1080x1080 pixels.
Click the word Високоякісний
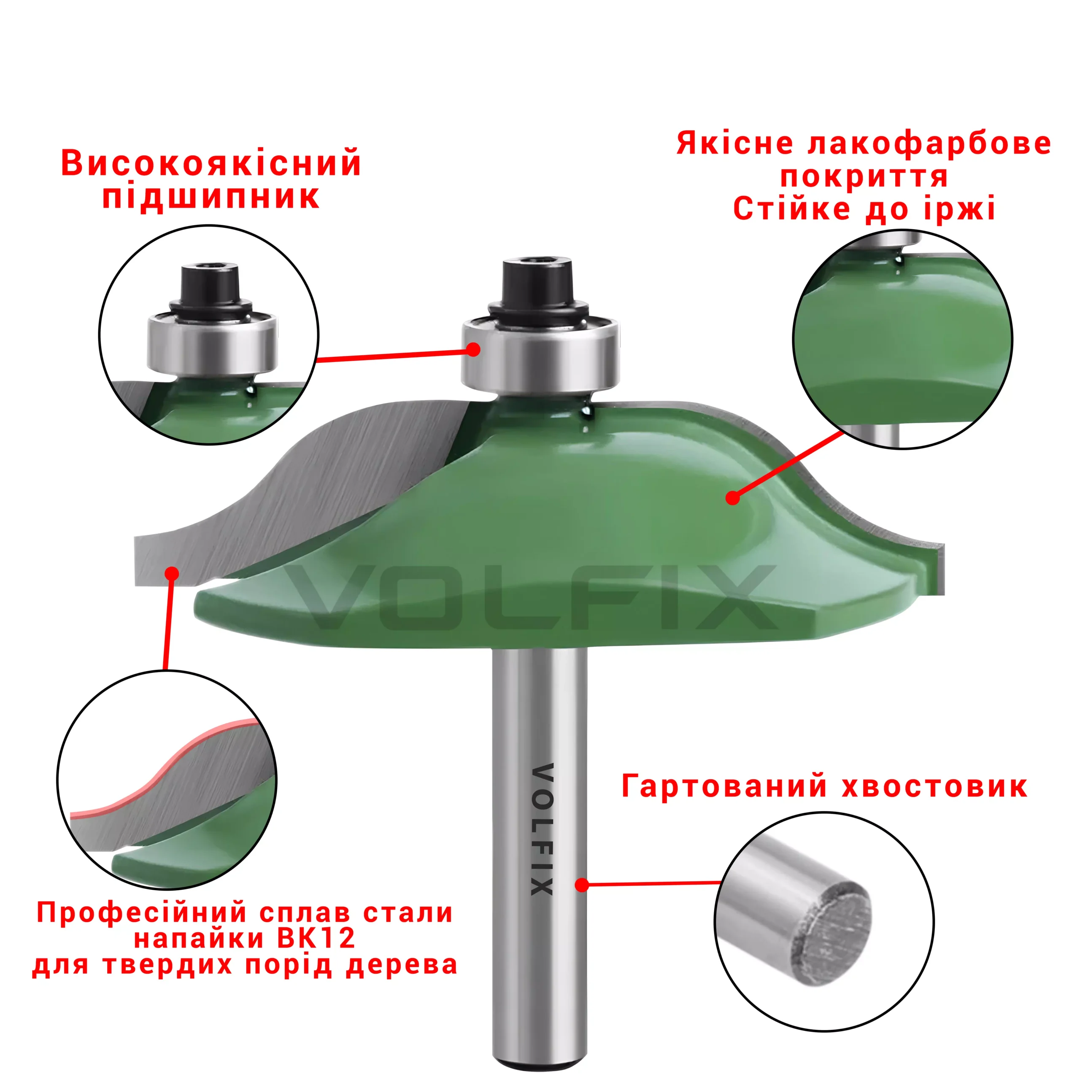point(211,163)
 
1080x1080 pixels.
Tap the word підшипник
point(211,197)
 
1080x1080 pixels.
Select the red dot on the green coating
point(732,497)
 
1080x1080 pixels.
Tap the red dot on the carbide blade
point(172,574)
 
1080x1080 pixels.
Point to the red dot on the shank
point(582,885)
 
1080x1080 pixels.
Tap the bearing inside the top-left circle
point(212,342)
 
